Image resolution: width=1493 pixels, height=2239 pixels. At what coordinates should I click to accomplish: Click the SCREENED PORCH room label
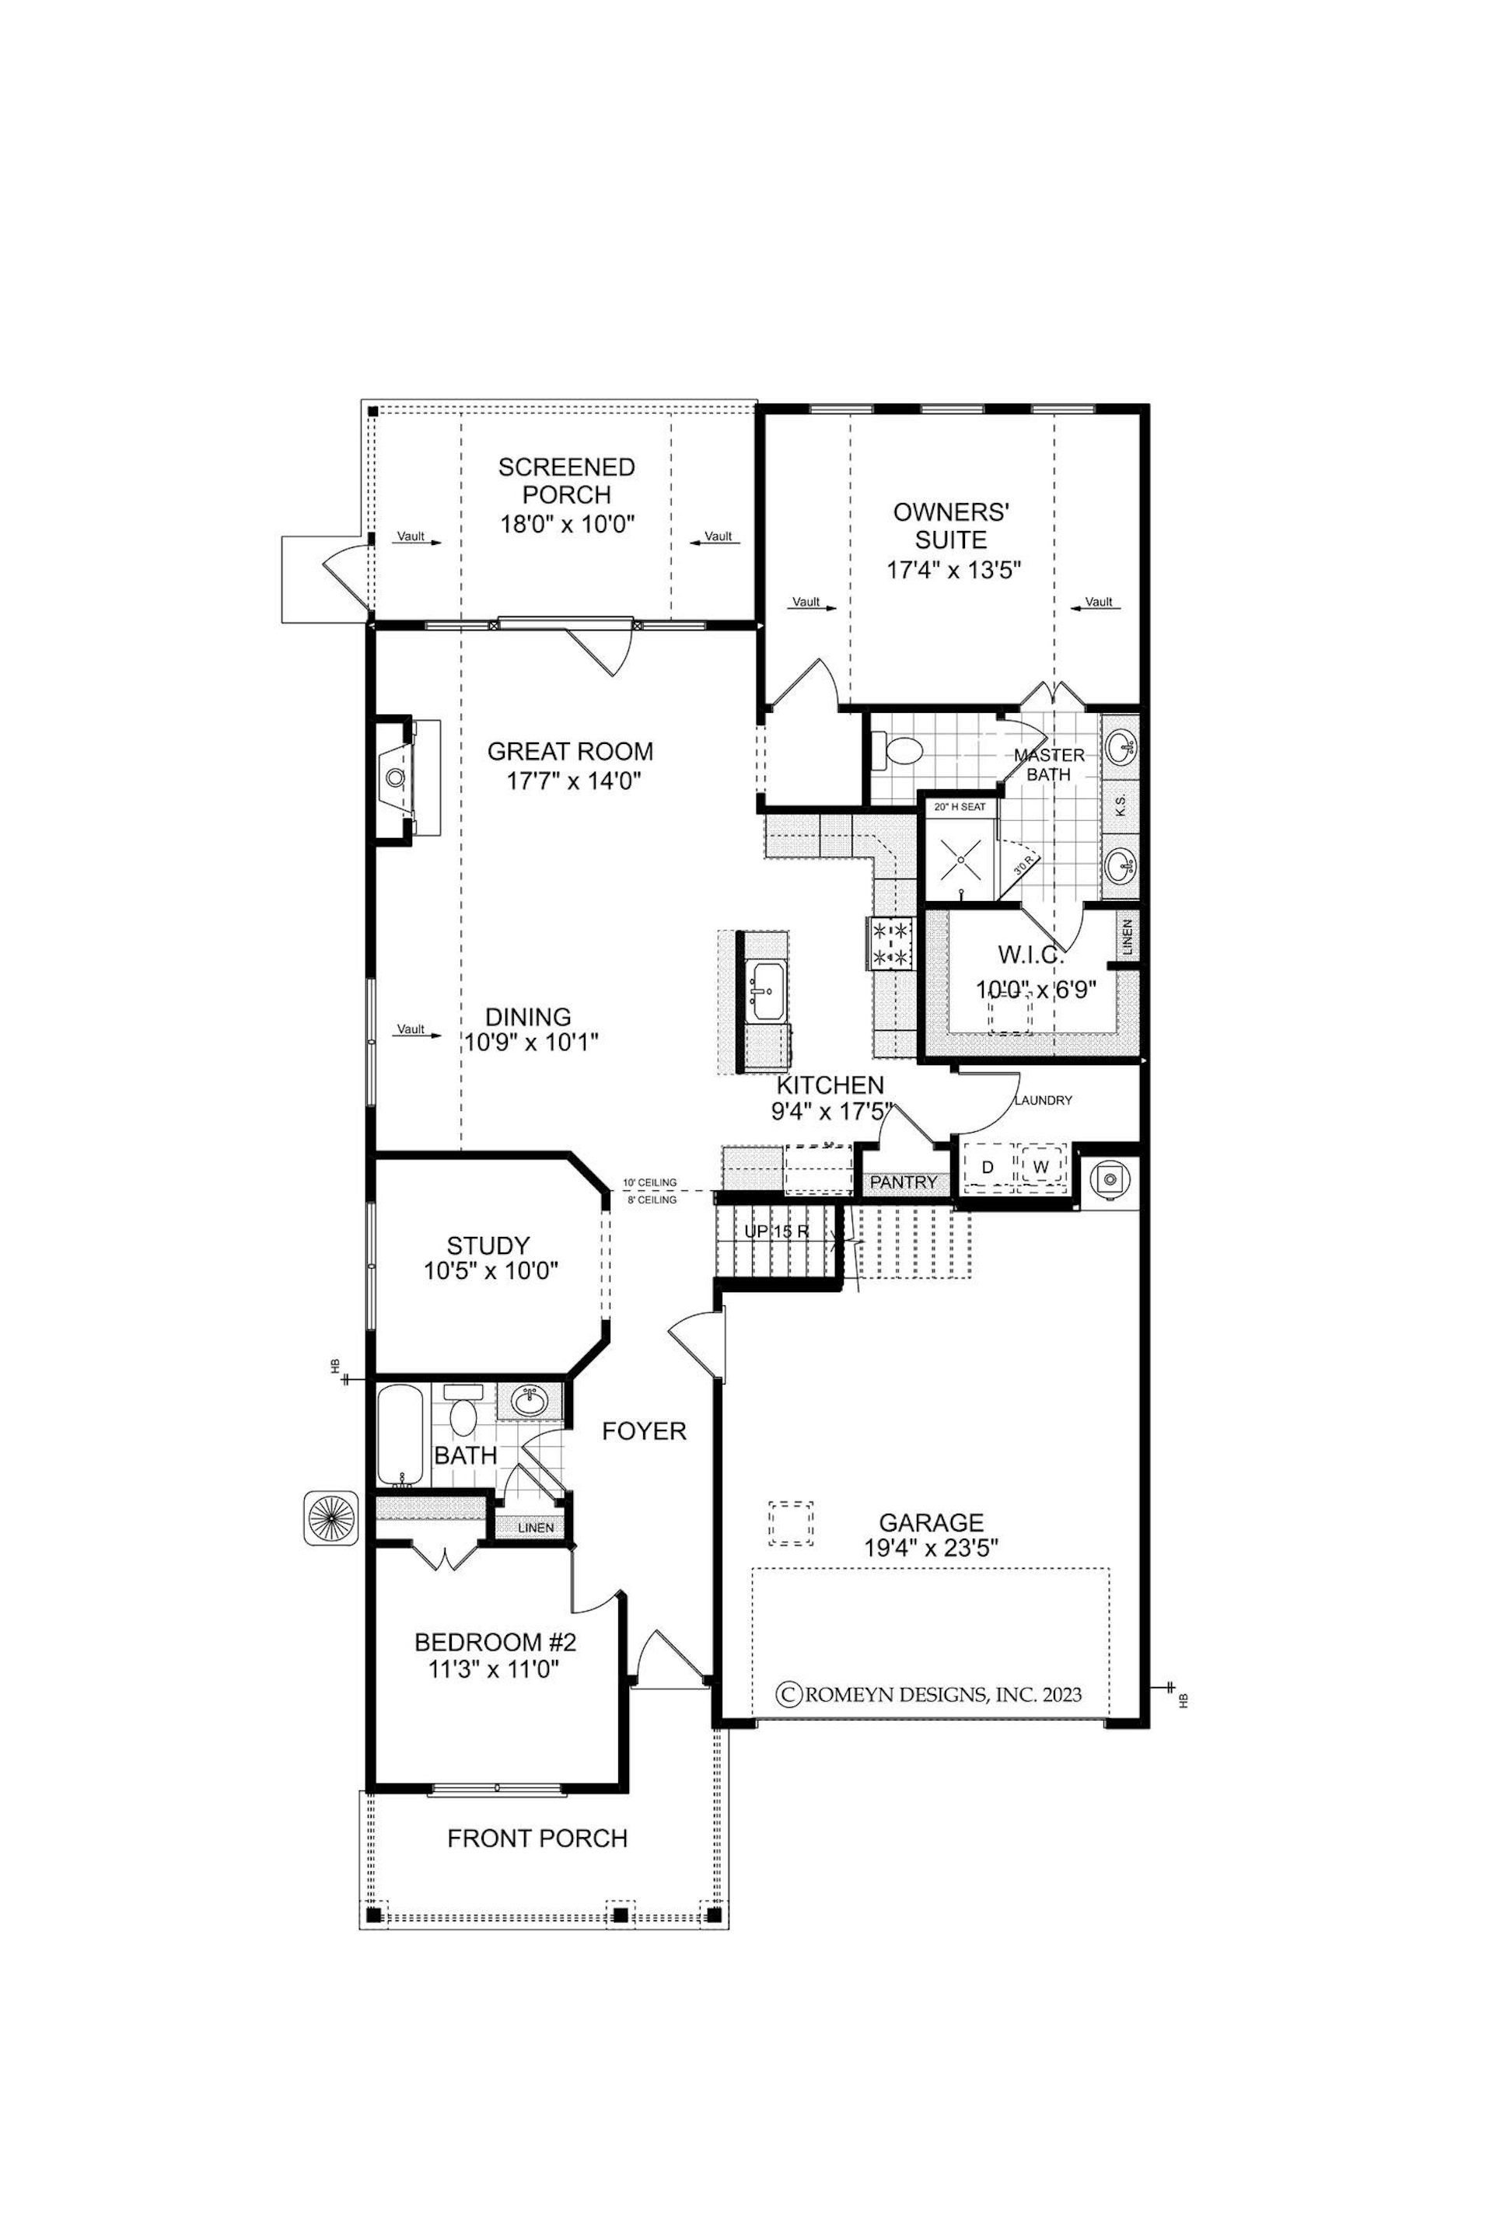click(568, 480)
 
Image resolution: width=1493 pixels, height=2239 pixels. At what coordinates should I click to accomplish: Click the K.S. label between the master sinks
click(1121, 805)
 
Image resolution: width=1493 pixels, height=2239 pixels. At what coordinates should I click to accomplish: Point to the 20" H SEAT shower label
click(959, 806)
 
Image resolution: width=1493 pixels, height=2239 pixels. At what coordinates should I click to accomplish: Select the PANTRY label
click(904, 1182)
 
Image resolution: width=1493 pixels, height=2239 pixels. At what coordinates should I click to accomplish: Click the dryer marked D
click(988, 1167)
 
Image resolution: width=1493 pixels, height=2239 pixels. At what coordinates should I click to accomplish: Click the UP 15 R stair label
click(777, 1231)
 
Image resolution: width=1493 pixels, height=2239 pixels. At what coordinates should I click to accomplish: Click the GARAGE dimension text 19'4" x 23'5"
click(932, 1548)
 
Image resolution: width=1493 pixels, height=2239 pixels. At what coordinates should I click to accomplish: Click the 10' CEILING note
click(649, 1182)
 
